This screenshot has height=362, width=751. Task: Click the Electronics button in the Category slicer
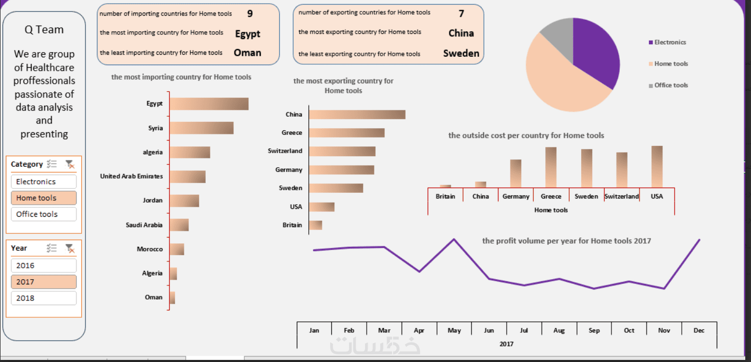tap(43, 182)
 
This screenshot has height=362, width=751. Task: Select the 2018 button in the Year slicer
tap(43, 298)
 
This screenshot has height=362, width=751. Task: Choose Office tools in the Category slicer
tap(43, 214)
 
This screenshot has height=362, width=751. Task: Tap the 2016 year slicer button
tap(43, 265)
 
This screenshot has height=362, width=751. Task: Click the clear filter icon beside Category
tap(70, 164)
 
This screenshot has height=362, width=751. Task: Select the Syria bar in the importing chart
tap(201, 128)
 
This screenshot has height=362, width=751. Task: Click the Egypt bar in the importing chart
tap(209, 104)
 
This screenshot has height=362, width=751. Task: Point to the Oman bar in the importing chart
tap(172, 297)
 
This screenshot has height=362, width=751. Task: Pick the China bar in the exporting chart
tap(357, 115)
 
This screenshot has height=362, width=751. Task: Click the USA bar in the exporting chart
tap(321, 207)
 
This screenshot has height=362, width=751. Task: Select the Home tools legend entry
tap(671, 64)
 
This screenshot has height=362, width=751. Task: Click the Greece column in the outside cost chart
tap(551, 167)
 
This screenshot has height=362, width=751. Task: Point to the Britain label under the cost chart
tap(445, 196)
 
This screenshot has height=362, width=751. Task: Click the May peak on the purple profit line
tap(454, 239)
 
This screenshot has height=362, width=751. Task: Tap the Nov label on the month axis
tap(664, 330)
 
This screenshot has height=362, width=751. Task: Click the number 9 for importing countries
tap(250, 14)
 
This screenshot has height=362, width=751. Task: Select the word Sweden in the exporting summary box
tap(461, 53)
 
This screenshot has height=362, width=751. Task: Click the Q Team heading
tap(44, 30)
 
